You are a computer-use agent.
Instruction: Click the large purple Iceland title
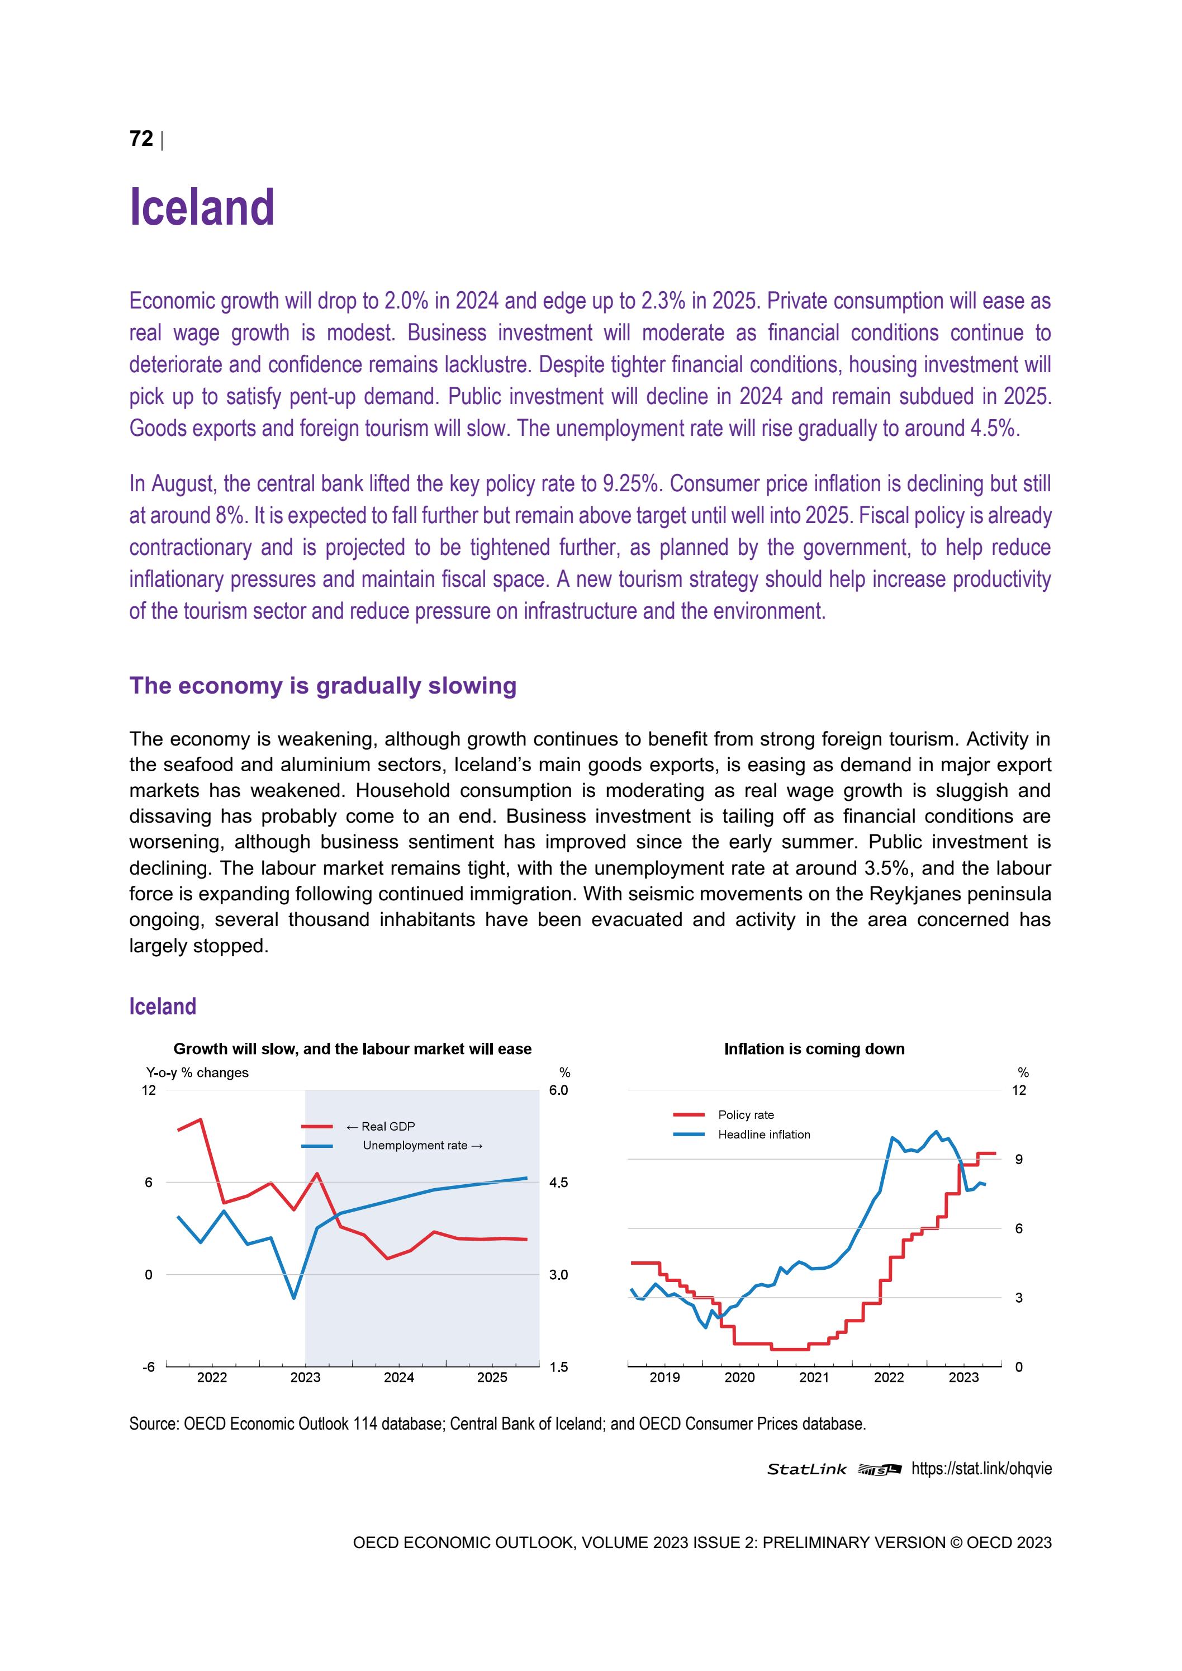tap(202, 207)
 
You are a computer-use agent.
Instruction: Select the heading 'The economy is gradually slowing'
tap(322, 686)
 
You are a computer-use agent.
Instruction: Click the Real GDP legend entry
tap(388, 1126)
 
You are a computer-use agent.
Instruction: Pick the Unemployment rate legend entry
tap(415, 1146)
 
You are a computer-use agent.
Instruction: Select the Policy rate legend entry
tap(746, 1115)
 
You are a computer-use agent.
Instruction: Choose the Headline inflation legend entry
tap(763, 1134)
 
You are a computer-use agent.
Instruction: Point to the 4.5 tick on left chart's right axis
tap(558, 1183)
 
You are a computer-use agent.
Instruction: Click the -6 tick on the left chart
tap(149, 1367)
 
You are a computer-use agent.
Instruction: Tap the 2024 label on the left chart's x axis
tap(399, 1378)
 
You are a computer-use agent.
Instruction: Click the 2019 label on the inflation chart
tap(664, 1378)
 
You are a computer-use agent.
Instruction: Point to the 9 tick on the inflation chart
tap(1018, 1160)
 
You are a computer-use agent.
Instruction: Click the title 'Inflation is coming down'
tap(814, 1049)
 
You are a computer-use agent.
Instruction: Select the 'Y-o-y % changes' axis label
tap(197, 1073)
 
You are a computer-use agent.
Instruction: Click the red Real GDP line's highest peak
tap(201, 1119)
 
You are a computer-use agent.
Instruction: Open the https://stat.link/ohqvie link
tap(981, 1469)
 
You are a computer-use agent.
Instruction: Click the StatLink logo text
tap(806, 1469)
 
